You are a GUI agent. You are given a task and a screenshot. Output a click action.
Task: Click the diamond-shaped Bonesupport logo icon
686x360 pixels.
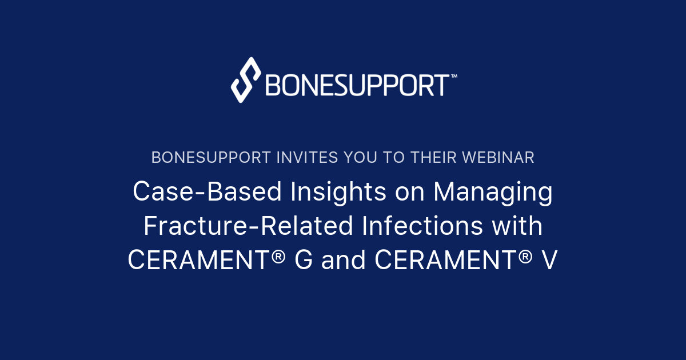coord(246,80)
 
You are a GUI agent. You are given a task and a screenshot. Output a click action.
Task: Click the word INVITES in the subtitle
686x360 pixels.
coord(293,158)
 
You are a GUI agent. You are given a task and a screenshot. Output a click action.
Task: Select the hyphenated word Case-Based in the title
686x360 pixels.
coord(207,192)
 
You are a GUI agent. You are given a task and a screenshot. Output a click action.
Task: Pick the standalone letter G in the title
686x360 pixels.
coord(304,261)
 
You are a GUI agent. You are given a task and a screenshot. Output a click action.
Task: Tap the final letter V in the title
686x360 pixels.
coord(549,261)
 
